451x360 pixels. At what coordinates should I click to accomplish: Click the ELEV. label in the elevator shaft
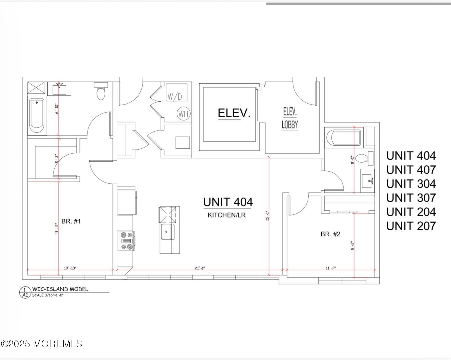pos(234,113)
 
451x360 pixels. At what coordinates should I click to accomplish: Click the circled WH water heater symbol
pos(184,114)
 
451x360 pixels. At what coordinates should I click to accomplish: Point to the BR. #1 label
pos(71,221)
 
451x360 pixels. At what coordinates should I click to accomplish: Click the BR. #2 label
pos(330,234)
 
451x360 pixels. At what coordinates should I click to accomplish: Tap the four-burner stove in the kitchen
pos(126,241)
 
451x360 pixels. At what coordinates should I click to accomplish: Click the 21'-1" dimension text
pos(200,268)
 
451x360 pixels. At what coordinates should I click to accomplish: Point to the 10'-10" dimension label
pos(70,268)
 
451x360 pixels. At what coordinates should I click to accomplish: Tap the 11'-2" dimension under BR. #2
pos(331,268)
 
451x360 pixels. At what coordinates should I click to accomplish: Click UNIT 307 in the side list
pos(411,198)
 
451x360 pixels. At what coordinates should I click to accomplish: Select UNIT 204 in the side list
pos(411,212)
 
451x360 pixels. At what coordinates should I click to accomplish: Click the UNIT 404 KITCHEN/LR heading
pos(228,202)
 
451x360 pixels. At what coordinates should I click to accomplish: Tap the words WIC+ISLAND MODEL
pos(60,289)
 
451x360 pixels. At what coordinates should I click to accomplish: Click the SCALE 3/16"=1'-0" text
pos(48,295)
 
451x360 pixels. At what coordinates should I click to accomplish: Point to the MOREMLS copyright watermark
pos(41,344)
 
